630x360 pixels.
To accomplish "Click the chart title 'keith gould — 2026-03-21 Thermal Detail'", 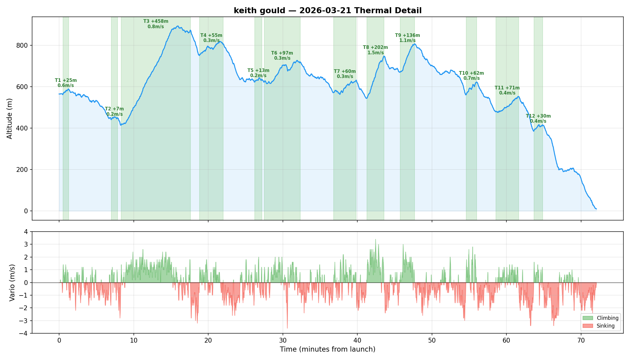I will pos(328,10).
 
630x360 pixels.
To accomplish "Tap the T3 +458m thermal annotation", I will pos(156,24).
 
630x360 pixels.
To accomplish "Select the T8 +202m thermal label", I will pos(375,50).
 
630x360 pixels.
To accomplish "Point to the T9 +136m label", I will pos(407,38).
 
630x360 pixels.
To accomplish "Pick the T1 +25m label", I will pos(66,83).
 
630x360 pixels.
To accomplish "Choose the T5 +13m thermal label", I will pos(258,73).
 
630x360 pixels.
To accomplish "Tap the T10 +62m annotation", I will pos(471,76).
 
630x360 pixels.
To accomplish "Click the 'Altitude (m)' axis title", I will pos(10,118).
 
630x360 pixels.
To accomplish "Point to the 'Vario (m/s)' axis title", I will pos(12,283).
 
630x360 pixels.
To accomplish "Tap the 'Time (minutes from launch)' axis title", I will pos(328,349).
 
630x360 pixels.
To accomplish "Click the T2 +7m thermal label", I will pos(114,111).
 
